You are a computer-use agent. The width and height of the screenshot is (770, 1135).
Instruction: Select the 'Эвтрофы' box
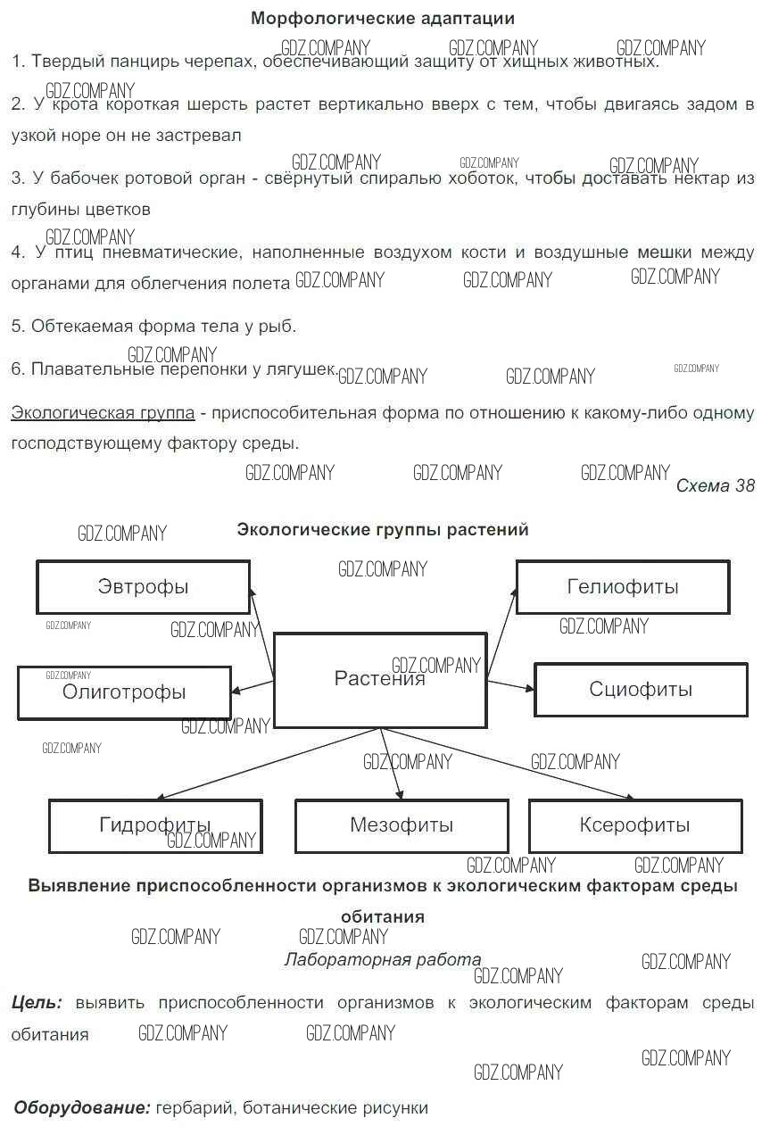[143, 587]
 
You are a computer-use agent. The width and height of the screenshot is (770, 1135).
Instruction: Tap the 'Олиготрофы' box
[124, 692]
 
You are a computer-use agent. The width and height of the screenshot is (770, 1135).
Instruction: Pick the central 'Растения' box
[380, 680]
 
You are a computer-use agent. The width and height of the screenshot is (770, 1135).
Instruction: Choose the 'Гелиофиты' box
[623, 587]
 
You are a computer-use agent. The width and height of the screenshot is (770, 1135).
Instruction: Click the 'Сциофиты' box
[641, 690]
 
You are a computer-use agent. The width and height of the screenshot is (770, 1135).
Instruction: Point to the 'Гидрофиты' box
[155, 825]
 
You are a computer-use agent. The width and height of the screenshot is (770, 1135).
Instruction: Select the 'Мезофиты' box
[402, 825]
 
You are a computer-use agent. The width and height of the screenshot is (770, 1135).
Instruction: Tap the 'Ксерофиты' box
[635, 825]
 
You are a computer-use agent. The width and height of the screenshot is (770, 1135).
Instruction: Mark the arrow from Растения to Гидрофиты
[268, 764]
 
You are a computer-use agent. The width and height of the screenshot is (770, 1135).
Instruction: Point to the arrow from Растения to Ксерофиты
[509, 764]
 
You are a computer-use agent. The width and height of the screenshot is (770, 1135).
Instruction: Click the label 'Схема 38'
[715, 486]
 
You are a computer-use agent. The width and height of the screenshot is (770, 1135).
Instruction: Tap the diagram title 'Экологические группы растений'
[382, 530]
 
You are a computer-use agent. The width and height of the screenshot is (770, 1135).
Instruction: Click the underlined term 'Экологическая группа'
[103, 413]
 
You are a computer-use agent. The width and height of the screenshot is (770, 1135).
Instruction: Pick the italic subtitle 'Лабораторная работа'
[382, 960]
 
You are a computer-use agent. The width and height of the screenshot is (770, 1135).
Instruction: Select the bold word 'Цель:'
[37, 1003]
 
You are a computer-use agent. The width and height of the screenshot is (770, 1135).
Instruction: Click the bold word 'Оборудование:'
[82, 1108]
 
